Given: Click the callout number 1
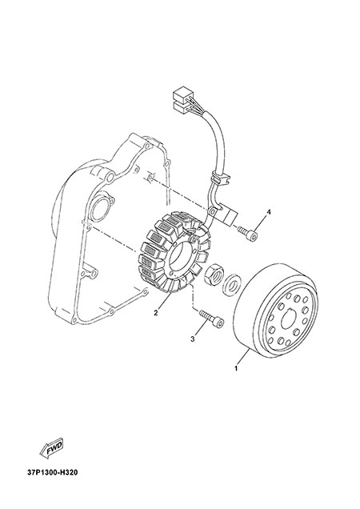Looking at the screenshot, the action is [x=236, y=369].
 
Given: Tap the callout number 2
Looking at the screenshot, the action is [x=156, y=313].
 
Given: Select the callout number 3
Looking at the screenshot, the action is [x=193, y=339].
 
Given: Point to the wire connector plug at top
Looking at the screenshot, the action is [x=182, y=98].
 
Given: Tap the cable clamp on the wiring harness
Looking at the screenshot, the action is [x=220, y=178].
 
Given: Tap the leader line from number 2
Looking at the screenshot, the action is [x=165, y=302].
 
